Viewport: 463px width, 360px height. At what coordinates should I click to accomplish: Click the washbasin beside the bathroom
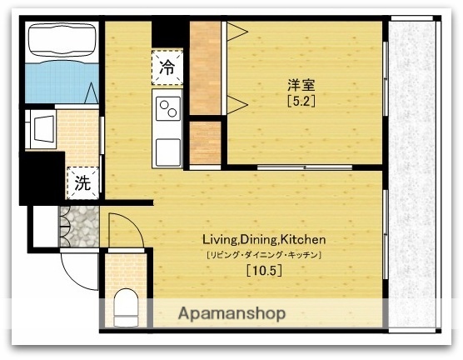[39, 131]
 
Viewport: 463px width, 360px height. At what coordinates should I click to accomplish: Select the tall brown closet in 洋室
[205, 68]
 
